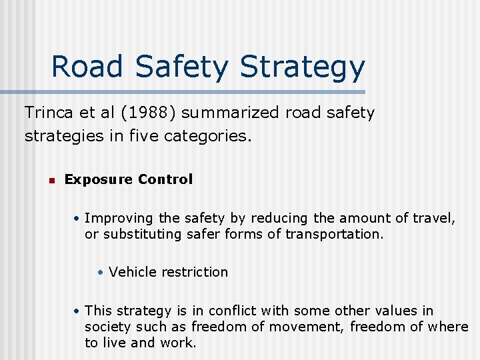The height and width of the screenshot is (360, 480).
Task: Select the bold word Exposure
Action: point(98,179)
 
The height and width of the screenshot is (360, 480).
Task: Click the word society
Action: point(108,327)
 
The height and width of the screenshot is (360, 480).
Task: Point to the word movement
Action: point(297,327)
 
